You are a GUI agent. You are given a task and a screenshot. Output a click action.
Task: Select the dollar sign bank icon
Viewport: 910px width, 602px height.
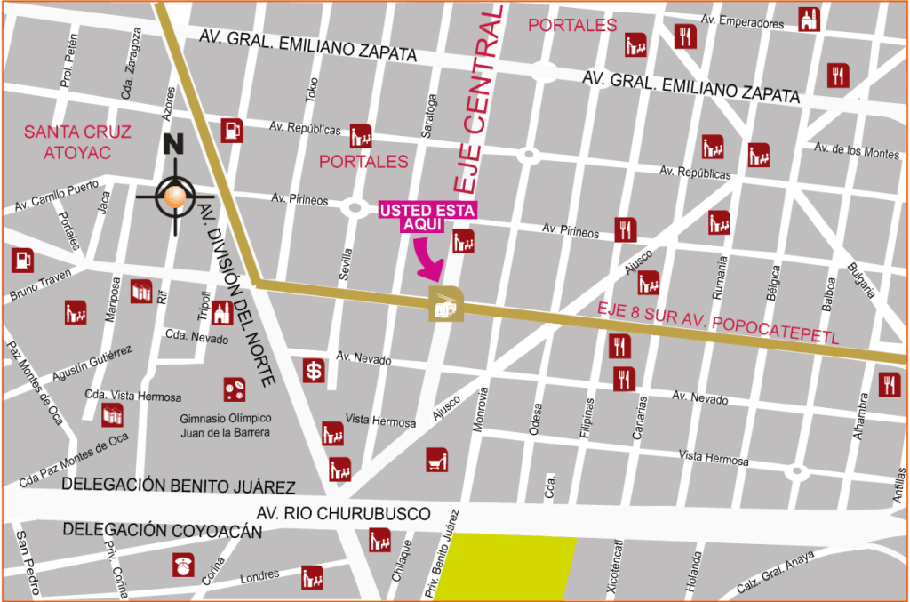(314, 372)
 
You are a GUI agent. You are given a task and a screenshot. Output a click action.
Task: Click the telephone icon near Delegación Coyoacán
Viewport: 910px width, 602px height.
(185, 565)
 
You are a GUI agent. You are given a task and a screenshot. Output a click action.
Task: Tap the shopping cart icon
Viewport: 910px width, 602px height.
(436, 460)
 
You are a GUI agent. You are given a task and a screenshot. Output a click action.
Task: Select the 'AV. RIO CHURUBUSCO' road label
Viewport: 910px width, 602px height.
(343, 514)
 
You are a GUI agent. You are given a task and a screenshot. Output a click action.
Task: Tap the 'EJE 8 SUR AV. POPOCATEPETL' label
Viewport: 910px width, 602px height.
(718, 323)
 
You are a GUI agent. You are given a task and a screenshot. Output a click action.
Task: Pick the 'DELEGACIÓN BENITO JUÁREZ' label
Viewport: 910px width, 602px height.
(179, 486)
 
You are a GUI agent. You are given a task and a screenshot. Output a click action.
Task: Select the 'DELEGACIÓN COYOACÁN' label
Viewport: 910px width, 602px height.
(162, 530)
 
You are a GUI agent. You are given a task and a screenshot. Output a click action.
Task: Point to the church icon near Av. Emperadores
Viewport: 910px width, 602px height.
(808, 20)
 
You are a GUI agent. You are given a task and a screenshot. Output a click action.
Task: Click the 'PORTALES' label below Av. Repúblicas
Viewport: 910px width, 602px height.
(363, 162)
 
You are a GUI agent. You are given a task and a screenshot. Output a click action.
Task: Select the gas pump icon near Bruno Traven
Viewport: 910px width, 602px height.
(22, 260)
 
